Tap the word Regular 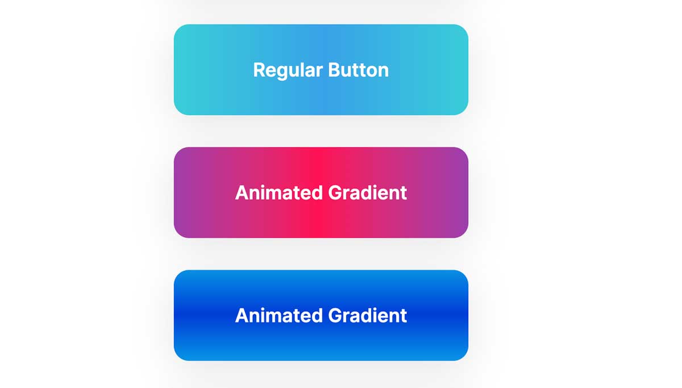point(288,70)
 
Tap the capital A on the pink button point(242,193)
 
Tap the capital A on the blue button point(242,316)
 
